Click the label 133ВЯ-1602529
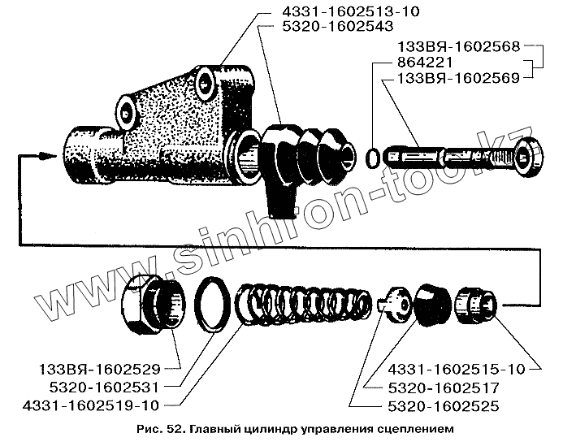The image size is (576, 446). [98, 367]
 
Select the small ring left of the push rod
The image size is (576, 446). [374, 156]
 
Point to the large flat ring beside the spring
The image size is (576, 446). [213, 305]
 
